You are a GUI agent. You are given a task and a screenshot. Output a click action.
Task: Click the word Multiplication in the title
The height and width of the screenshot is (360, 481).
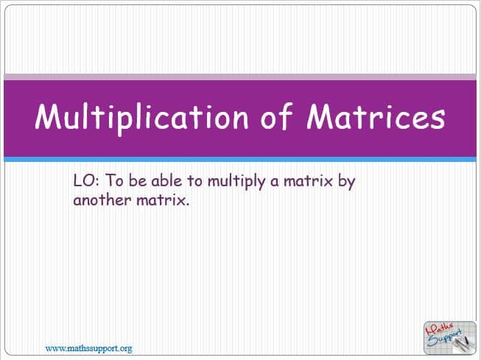click(141, 118)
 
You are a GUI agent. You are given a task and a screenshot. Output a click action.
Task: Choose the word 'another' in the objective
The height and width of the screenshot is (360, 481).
click(102, 200)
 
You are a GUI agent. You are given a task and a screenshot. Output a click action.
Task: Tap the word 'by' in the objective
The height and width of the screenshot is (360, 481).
click(347, 182)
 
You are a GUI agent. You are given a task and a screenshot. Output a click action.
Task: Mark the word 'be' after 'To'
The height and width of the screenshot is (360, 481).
click(138, 180)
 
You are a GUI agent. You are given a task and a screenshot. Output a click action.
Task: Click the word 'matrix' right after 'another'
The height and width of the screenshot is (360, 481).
click(163, 200)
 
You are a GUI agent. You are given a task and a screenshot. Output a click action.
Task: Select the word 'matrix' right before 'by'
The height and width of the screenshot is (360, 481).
click(308, 180)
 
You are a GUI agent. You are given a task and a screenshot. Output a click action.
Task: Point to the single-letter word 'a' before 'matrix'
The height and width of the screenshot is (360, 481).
click(275, 182)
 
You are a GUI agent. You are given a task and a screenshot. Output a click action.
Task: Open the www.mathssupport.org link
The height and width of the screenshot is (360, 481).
click(88, 349)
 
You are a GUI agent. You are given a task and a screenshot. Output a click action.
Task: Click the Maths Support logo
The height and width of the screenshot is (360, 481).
click(450, 338)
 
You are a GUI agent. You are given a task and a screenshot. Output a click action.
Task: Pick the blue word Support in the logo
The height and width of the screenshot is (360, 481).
click(445, 339)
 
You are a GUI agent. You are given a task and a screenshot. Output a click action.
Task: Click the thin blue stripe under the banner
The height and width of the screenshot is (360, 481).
click(240, 160)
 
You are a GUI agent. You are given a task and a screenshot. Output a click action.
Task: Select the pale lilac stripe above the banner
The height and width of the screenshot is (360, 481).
click(240, 77)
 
